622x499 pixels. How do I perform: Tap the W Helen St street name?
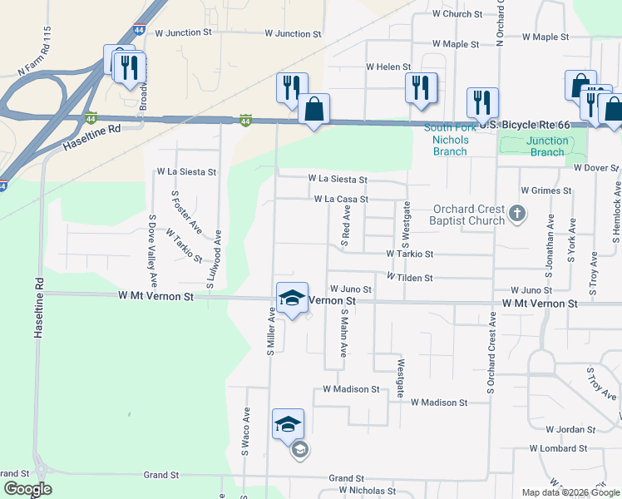(x=388, y=67)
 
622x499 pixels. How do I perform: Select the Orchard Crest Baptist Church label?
(x=467, y=215)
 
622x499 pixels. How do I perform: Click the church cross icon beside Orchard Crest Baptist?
(x=517, y=215)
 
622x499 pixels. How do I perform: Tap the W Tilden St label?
(x=409, y=277)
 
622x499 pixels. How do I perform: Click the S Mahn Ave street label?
(x=343, y=333)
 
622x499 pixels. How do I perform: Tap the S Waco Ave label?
(x=246, y=432)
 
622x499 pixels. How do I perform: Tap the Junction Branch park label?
(x=547, y=146)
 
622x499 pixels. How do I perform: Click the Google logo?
(x=27, y=489)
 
